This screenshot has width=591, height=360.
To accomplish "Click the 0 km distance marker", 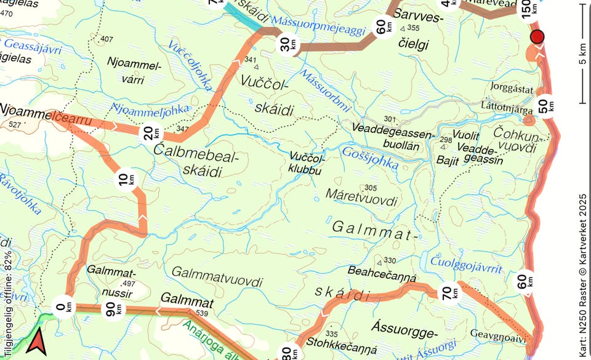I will [x=64, y=306].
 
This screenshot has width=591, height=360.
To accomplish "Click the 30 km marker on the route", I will [x=286, y=44].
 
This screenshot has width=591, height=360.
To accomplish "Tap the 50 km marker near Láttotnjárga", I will [x=546, y=105].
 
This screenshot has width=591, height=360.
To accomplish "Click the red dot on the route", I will [x=537, y=37].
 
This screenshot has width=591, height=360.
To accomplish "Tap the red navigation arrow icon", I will [x=36, y=342].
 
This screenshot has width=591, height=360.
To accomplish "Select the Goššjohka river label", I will [x=370, y=158].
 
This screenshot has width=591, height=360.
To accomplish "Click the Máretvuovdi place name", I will [x=362, y=201].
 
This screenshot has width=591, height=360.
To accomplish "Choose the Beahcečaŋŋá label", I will [x=382, y=271].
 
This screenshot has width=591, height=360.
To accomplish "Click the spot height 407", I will [x=107, y=39].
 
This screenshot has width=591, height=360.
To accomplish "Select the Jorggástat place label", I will [x=512, y=89].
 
